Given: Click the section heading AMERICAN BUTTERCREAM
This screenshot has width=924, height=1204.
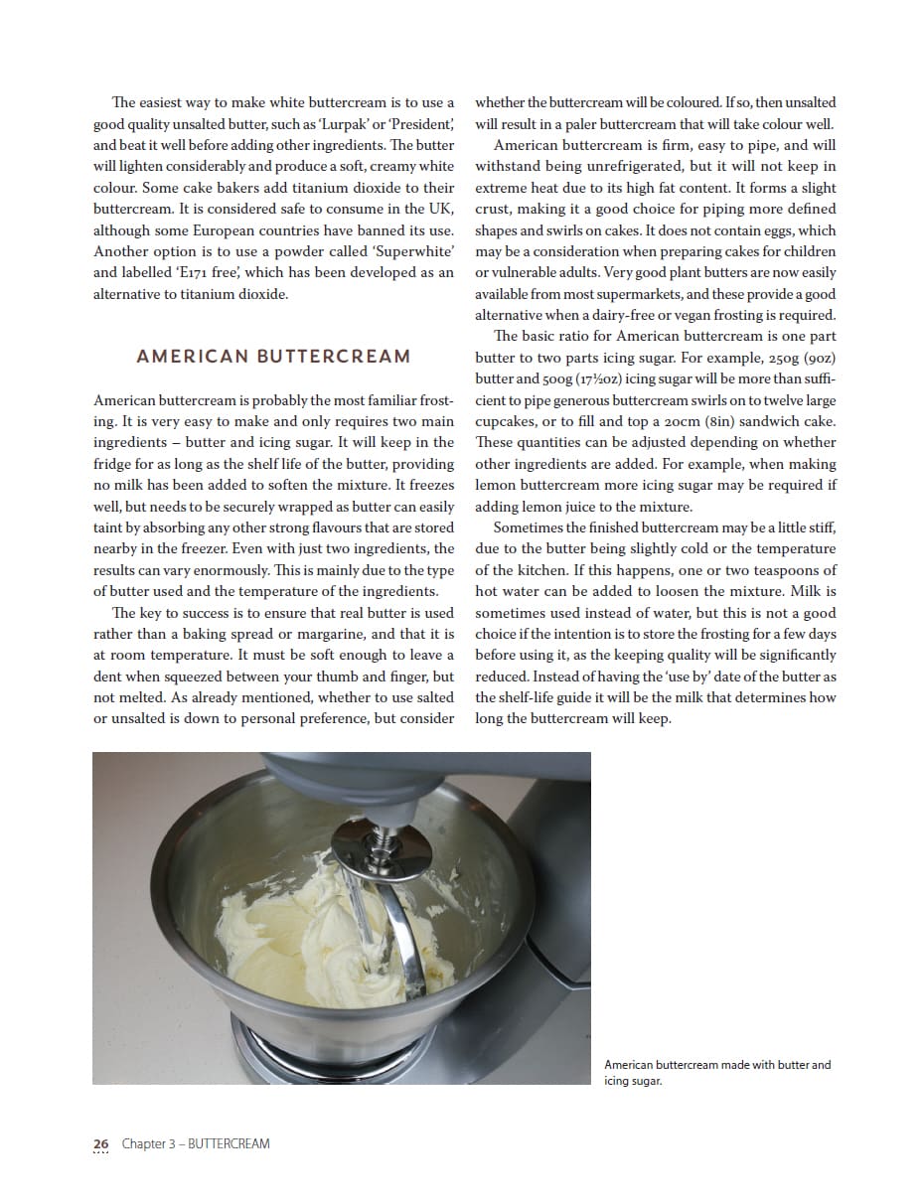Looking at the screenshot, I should [273, 357].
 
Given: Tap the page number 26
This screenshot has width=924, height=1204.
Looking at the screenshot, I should [100, 1143].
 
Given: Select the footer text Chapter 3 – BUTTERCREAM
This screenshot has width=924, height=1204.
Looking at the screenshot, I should [196, 1143].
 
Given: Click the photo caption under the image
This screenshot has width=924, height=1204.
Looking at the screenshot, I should [717, 1072].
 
